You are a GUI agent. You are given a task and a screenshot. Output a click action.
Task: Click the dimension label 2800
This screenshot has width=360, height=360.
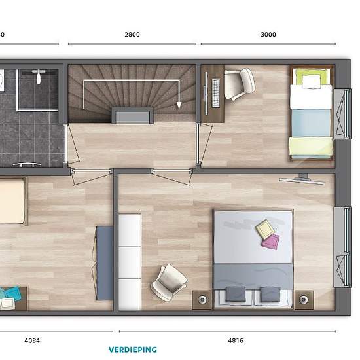pyautogui.click(x=132, y=35)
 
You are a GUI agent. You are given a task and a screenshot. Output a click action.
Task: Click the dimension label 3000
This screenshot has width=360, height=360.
pyautogui.click(x=268, y=35)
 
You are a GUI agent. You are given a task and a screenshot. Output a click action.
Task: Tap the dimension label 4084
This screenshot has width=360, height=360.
pyautogui.click(x=32, y=340)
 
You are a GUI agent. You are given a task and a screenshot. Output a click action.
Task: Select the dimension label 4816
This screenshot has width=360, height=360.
pyautogui.click(x=236, y=340)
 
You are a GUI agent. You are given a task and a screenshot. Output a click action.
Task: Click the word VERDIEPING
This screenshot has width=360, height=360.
pyautogui.click(x=133, y=350)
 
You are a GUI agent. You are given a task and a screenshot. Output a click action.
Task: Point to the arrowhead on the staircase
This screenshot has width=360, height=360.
pyautogui.click(x=179, y=105)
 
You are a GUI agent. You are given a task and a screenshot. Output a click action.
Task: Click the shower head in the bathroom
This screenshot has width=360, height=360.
pyautogui.click(x=39, y=76)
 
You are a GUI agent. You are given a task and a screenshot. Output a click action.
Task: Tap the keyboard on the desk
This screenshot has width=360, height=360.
pyautogui.click(x=216, y=92)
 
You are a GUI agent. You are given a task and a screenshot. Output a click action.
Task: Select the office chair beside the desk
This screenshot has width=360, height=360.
pyautogui.click(x=239, y=84)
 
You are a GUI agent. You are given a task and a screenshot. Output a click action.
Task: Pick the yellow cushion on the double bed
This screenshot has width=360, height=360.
pyautogui.click(x=265, y=230)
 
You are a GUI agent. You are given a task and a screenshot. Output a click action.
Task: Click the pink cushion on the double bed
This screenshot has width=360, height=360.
pyautogui.click(x=271, y=241)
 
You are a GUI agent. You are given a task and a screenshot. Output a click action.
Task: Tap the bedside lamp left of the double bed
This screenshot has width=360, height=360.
pyautogui.click(x=202, y=299)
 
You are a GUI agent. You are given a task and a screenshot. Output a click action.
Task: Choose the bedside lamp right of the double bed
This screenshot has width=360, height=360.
pyautogui.click(x=304, y=300)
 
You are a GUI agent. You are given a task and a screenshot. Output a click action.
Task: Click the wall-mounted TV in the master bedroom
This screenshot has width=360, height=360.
pyautogui.click(x=302, y=180)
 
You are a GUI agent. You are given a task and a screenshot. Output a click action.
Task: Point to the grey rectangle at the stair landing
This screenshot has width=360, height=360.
pyautogui.click(x=132, y=116)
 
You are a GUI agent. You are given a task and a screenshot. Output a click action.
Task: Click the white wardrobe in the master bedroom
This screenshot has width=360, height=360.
pyautogui.click(x=130, y=262)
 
